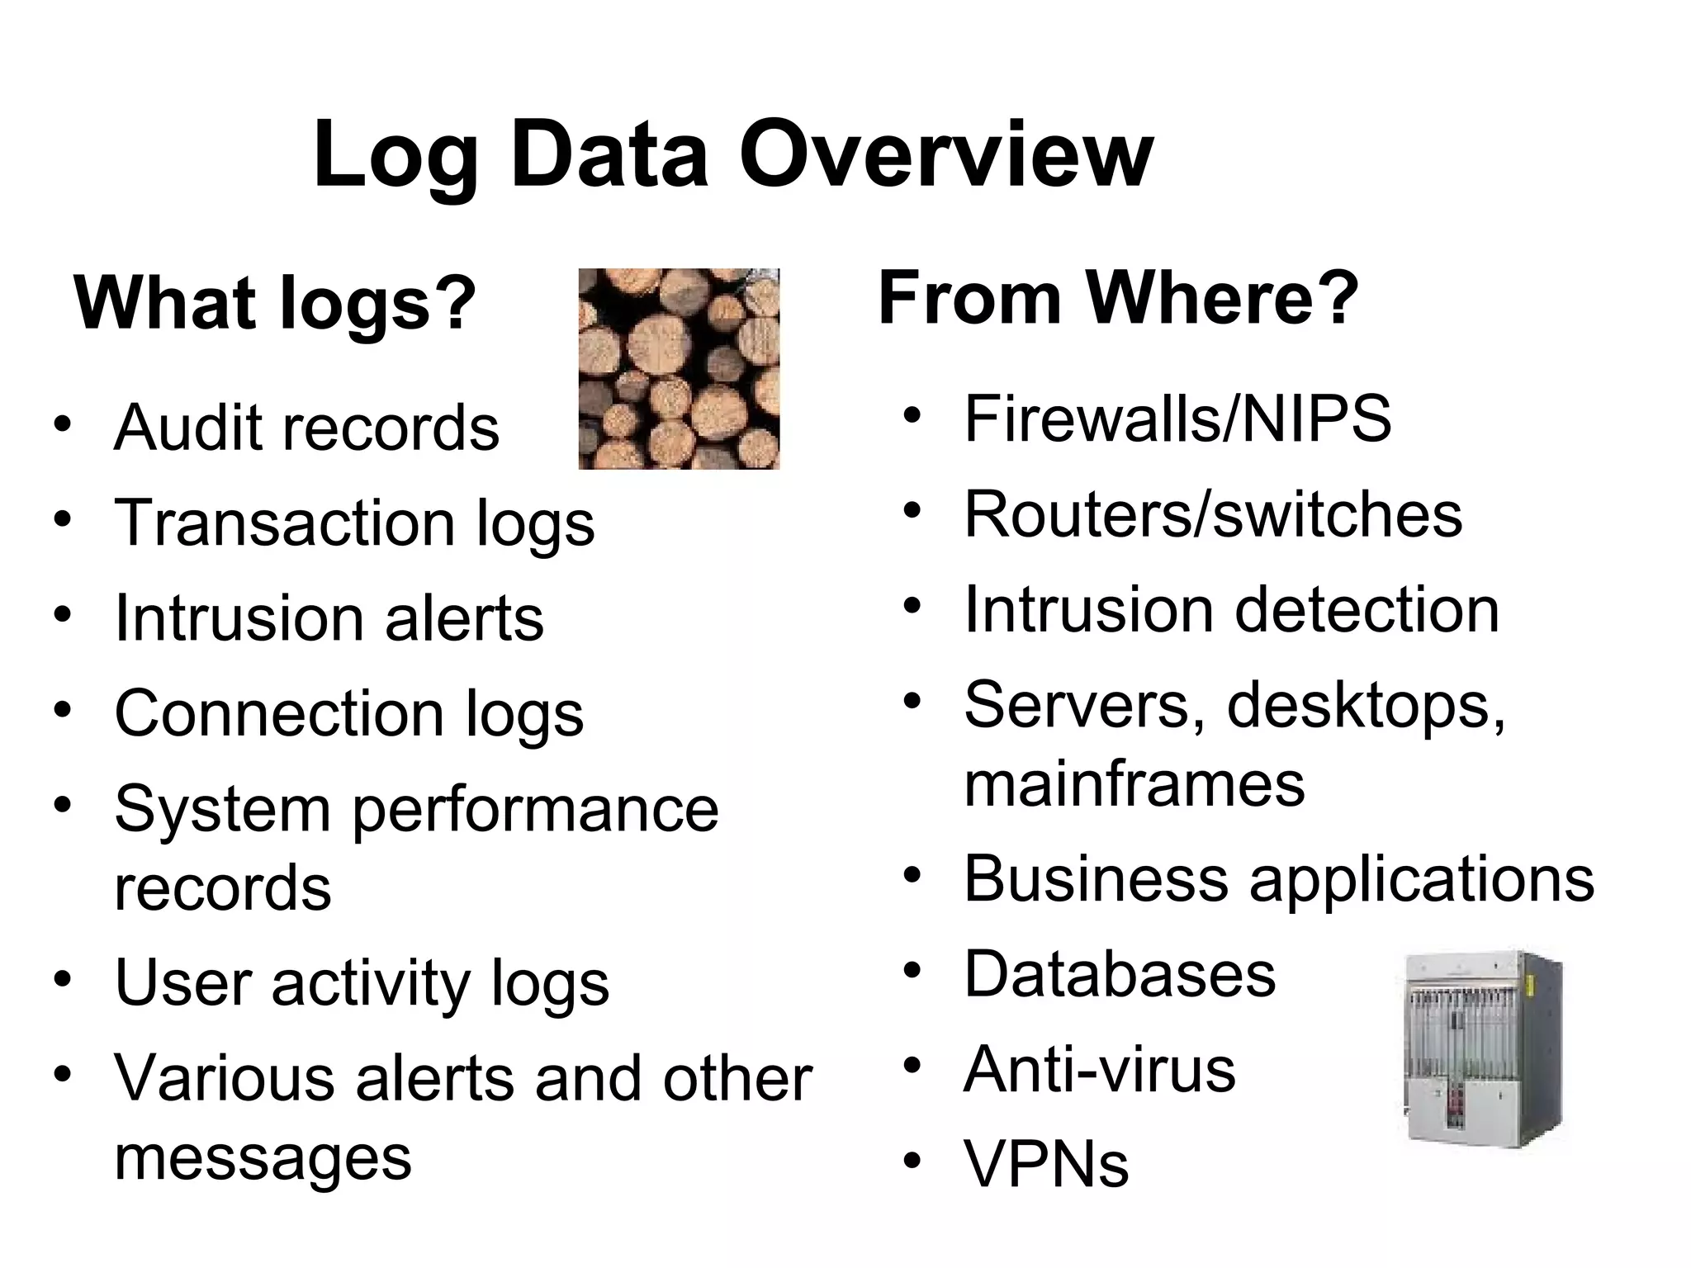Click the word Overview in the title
(945, 155)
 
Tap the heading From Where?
(1118, 298)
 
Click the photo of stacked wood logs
(679, 369)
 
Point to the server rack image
(1483, 1048)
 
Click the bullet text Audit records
(306, 428)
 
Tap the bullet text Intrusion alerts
(329, 618)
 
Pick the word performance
(535, 809)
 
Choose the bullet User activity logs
(361, 983)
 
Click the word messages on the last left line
(263, 1157)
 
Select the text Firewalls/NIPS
(1177, 419)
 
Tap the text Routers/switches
(1213, 514)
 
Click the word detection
(1367, 610)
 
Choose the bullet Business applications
(1279, 878)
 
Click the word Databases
(1120, 974)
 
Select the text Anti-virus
(1099, 1069)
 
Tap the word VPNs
(1046, 1164)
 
